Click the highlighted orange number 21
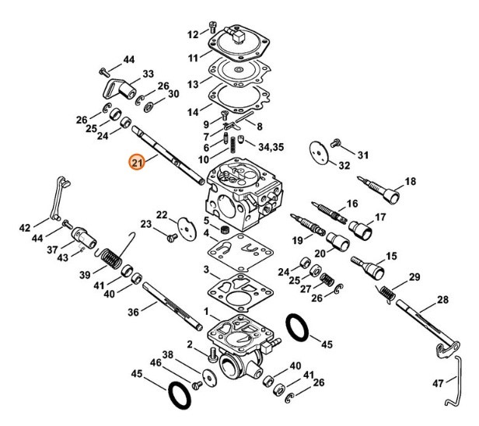137,162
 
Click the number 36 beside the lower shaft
133,312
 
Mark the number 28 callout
443,299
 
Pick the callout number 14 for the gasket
194,113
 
